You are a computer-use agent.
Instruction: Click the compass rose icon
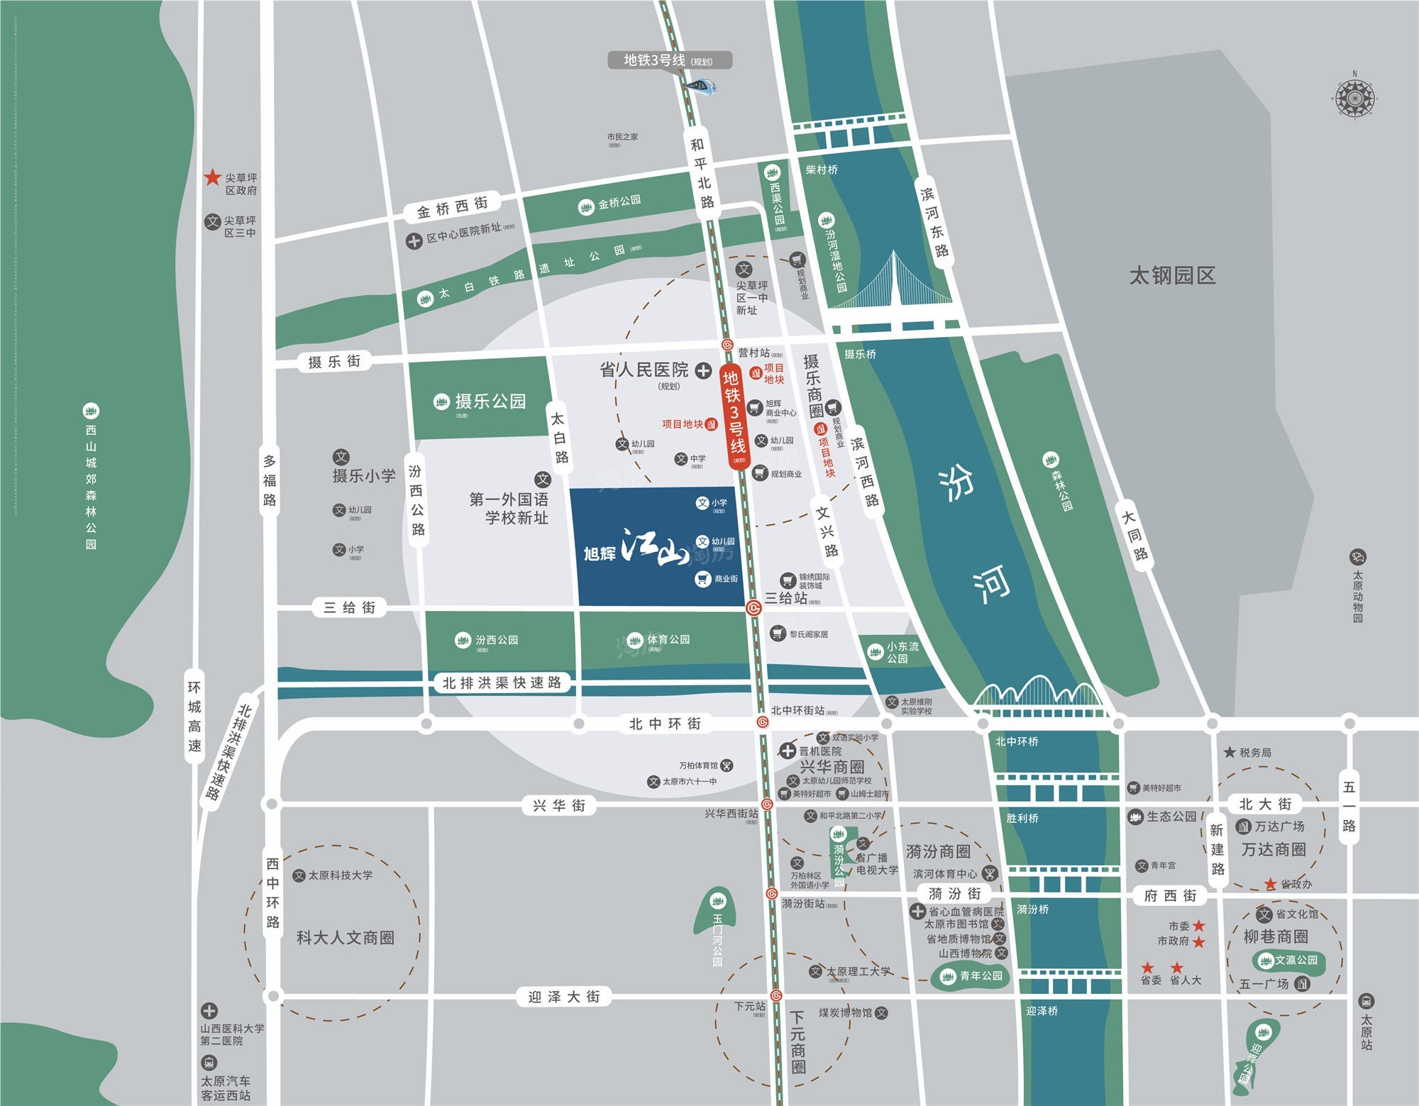(1354, 97)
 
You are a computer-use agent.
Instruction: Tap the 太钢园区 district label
(1172, 275)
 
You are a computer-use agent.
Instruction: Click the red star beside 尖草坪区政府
(212, 177)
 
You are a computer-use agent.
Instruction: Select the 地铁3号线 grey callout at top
(669, 61)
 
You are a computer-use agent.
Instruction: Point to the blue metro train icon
(701, 87)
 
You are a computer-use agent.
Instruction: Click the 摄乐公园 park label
(490, 402)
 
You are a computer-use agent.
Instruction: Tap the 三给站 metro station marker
(753, 608)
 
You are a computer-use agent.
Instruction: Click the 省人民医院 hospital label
(644, 370)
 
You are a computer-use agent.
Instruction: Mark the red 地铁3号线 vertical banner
(735, 415)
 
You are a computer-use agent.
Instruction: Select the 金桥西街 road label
(453, 207)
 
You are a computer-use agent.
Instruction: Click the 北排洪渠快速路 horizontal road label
(502, 682)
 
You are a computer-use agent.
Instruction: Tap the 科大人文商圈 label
(345, 938)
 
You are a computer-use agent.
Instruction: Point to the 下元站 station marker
(775, 995)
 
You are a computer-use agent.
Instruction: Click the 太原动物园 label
(1357, 596)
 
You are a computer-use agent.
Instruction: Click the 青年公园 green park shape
(970, 976)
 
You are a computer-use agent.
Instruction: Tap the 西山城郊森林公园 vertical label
(91, 486)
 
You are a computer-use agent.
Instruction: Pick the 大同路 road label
(1134, 536)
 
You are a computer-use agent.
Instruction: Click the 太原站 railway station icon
(1366, 1002)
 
